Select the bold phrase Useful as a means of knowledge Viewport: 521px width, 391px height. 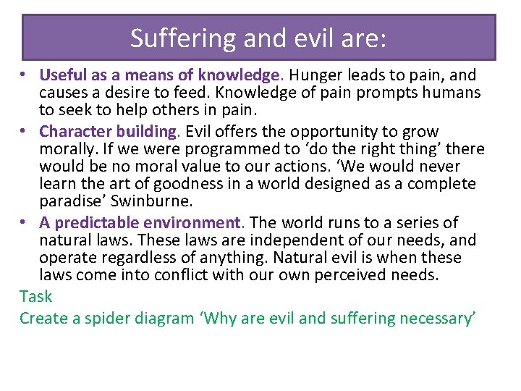[159, 75]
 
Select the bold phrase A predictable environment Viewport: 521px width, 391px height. [140, 223]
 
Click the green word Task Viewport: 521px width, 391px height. [36, 296]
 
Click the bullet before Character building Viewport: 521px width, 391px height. [25, 132]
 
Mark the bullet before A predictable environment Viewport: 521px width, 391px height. [25, 223]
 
